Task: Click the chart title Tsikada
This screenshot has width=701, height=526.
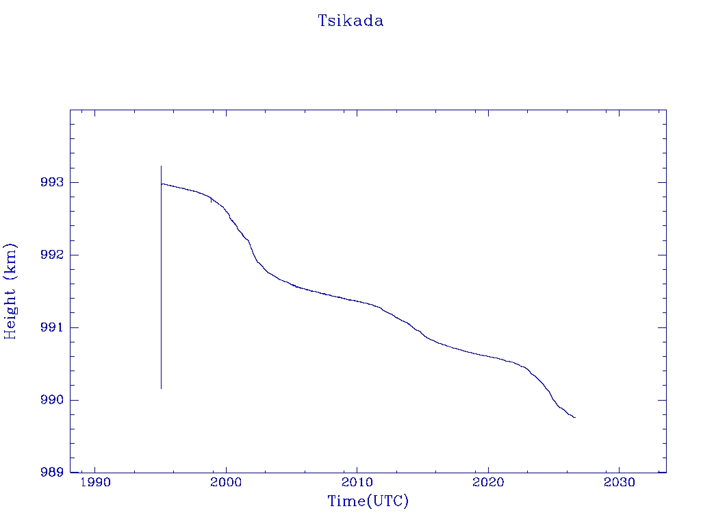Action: click(350, 21)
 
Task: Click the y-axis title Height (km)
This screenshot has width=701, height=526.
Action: click(10, 292)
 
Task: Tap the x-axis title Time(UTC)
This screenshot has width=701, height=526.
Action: click(368, 501)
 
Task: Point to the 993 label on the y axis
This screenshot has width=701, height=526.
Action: click(52, 182)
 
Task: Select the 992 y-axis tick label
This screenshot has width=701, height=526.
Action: click(52, 255)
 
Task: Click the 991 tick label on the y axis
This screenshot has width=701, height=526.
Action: click(52, 327)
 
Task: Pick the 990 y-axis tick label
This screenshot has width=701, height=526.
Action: click(52, 400)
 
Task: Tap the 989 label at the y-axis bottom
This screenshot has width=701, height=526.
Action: click(52, 473)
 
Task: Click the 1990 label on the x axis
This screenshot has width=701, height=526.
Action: click(95, 482)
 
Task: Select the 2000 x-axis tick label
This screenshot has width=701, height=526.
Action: click(226, 482)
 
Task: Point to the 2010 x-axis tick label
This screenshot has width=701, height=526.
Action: click(357, 482)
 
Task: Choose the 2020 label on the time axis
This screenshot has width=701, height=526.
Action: click(488, 482)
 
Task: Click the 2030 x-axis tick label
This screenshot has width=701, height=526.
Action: click(619, 482)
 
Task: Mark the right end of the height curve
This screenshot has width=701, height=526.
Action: click(575, 417)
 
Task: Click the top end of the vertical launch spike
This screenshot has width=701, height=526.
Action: click(162, 166)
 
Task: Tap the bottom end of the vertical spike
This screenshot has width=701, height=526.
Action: click(162, 389)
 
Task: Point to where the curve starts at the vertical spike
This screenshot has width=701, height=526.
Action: click(162, 184)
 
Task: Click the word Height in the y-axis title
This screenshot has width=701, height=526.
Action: click(10, 314)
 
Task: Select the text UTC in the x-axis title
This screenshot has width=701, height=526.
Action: click(388, 501)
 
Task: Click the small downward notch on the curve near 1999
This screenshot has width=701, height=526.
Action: click(211, 201)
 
